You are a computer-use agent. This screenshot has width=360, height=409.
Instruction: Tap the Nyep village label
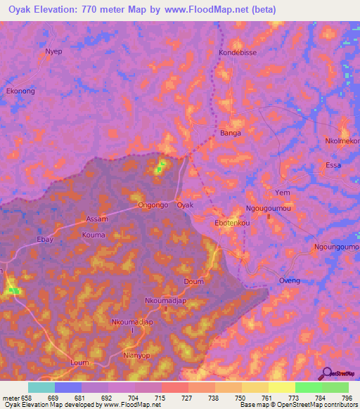tap(53, 51)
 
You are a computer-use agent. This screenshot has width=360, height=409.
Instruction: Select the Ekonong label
tap(20, 91)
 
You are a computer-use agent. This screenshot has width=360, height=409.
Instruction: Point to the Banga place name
tap(231, 133)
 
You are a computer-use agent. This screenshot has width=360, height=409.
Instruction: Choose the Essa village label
tap(333, 166)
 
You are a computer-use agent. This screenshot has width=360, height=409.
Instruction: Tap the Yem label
tap(283, 193)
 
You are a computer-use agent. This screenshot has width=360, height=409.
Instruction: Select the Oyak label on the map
tap(185, 205)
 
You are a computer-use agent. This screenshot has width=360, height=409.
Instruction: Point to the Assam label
tap(97, 219)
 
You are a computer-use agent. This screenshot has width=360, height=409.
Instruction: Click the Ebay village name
tap(45, 239)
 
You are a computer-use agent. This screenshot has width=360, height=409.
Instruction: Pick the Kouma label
tap(93, 235)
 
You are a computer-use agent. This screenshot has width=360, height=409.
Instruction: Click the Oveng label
tap(289, 280)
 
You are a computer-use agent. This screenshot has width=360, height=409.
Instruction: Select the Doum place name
tap(193, 281)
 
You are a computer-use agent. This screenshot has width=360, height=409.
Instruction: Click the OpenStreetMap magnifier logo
tap(325, 373)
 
